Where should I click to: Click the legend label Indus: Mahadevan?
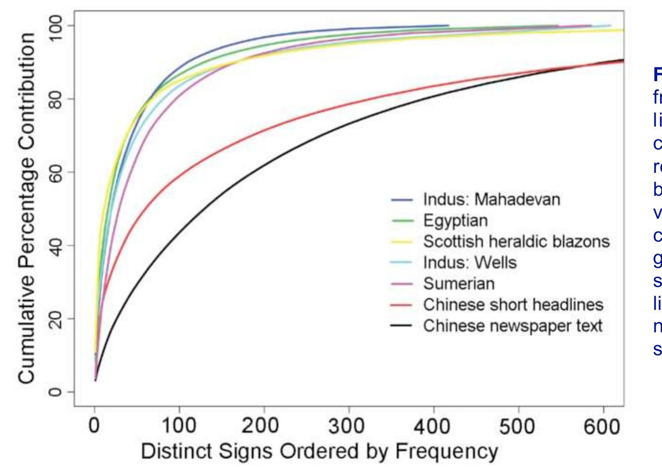[x=491, y=200]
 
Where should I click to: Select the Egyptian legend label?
[x=455, y=221]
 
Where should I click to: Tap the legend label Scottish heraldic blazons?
[x=516, y=242]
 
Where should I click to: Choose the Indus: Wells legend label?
[x=470, y=263]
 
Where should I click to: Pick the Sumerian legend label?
[x=458, y=284]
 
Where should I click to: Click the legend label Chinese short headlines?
[x=513, y=305]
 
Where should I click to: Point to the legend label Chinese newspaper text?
[x=512, y=326]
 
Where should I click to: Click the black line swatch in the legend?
[x=402, y=326]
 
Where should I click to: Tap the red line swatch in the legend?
[x=402, y=305]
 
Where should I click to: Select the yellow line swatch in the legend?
[x=402, y=242]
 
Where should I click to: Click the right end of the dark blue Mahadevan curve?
[x=448, y=25]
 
